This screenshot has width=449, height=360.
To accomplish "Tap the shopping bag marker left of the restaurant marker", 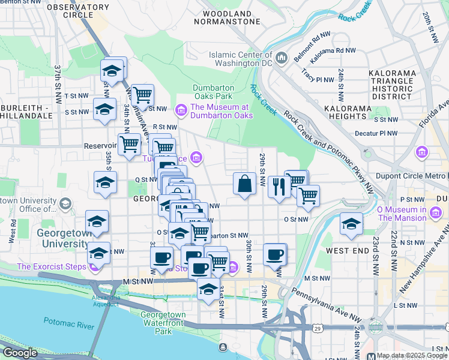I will click(245, 184).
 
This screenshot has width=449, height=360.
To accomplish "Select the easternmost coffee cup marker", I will click(274, 254).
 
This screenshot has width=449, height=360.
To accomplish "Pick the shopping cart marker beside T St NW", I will click(142, 95).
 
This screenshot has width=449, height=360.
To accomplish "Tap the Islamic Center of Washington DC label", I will click(241, 59).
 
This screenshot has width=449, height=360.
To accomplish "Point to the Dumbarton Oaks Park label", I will click(212, 92).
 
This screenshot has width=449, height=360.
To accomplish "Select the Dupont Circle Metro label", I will click(409, 176).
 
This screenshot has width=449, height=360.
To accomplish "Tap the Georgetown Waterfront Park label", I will click(163, 323).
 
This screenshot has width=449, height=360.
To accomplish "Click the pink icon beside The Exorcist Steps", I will click(94, 266).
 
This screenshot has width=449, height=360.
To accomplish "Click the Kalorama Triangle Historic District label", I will click(393, 84).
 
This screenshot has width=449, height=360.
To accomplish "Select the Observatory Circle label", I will click(69, 11).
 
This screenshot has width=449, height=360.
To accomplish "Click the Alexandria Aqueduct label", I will click(106, 301).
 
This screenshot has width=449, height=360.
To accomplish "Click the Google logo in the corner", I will click(20, 353).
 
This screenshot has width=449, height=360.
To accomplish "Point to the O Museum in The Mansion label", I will click(409, 214).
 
